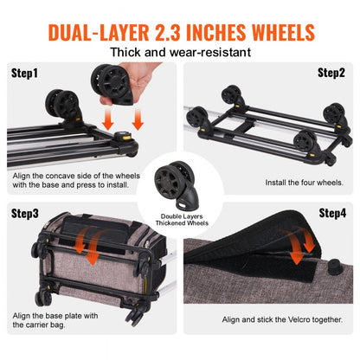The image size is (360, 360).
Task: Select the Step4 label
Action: click(x=332, y=212)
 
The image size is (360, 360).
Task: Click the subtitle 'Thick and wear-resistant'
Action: click(x=179, y=55)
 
